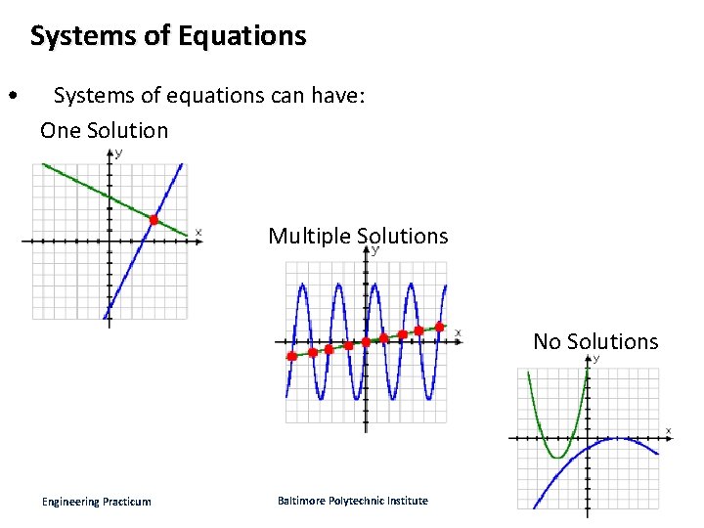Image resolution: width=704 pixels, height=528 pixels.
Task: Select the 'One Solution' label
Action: click(x=104, y=130)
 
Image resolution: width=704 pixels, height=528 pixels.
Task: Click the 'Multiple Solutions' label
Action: click(x=358, y=236)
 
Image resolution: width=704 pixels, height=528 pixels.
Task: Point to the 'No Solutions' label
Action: click(x=595, y=341)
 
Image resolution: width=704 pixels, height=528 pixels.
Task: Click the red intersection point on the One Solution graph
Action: click(x=154, y=220)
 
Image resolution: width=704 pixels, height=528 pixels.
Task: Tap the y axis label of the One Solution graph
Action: click(x=119, y=154)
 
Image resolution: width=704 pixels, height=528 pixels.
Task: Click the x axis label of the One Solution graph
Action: click(x=198, y=232)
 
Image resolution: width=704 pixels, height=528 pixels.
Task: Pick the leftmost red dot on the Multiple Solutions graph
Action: click(x=291, y=357)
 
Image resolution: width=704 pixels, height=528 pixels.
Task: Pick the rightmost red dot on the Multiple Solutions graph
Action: click(x=440, y=326)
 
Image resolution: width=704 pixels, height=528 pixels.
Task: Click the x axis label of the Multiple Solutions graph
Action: click(x=458, y=332)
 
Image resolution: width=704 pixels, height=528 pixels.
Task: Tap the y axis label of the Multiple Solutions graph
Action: click(x=375, y=250)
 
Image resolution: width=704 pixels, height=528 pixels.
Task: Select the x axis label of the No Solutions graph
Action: click(x=669, y=430)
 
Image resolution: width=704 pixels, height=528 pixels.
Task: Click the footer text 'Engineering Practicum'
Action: click(x=97, y=502)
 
